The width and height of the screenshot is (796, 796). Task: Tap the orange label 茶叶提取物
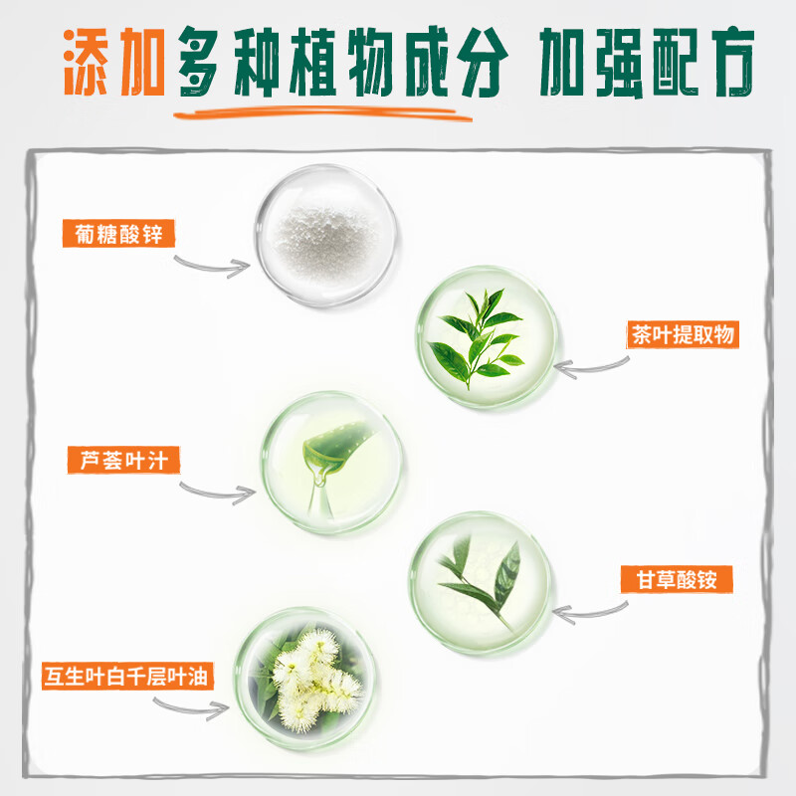(x=683, y=334)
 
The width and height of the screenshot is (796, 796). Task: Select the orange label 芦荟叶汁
(x=116, y=461)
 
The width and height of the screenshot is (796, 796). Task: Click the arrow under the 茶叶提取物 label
(x=593, y=369)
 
